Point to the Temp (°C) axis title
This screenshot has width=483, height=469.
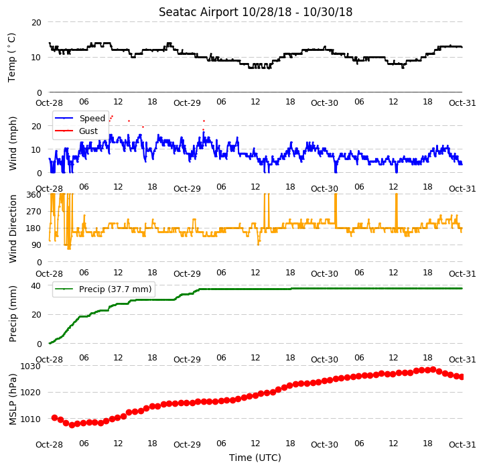click(x=11, y=58)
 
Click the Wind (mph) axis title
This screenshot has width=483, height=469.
click(x=12, y=143)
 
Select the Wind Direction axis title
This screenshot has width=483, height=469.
click(x=12, y=228)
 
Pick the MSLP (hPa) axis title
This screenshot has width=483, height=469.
click(x=12, y=399)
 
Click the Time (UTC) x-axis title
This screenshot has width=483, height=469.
click(x=255, y=458)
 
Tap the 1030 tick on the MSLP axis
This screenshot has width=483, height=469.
click(x=30, y=366)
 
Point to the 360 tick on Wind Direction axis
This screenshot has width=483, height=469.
click(x=34, y=195)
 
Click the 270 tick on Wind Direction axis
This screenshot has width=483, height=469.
click(x=34, y=212)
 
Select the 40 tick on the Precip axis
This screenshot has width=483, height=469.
click(x=36, y=286)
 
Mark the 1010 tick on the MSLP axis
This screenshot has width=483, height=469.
click(x=30, y=419)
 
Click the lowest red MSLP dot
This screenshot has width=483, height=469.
click(x=72, y=425)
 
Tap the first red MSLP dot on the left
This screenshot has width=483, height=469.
click(x=54, y=418)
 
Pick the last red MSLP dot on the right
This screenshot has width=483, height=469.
click(x=462, y=377)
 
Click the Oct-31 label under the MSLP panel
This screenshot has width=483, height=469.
click(x=462, y=445)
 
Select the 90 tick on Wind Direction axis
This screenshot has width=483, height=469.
click(x=36, y=245)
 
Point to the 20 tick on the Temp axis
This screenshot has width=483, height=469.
click(x=36, y=23)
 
